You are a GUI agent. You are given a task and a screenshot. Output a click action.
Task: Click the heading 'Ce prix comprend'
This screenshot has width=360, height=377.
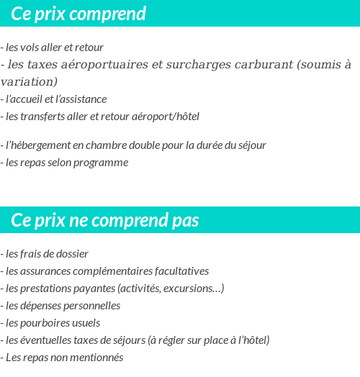tap(78, 14)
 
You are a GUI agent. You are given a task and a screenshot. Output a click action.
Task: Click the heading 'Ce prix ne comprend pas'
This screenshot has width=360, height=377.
tap(105, 220)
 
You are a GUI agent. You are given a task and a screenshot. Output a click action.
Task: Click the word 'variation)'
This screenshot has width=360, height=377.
tap(29, 82)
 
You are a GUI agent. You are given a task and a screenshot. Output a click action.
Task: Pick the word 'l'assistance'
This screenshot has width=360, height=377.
tap(80, 99)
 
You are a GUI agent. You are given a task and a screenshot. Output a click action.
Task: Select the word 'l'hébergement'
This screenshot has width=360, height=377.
tap(38, 145)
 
